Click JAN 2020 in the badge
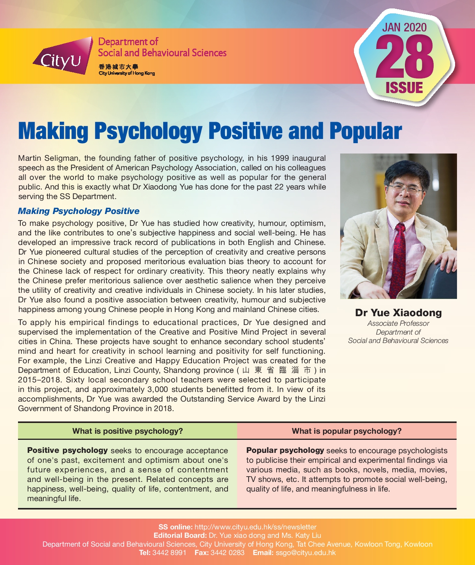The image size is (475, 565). [x=404, y=28]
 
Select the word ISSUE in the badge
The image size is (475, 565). [x=404, y=88]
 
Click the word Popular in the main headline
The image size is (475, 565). [x=365, y=131]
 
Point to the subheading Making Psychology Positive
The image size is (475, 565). [x=79, y=211]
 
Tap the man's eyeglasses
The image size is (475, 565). [x=405, y=188]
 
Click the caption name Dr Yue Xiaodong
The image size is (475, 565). [x=398, y=313]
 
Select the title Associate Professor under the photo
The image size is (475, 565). [x=398, y=323]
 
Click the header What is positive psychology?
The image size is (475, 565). [x=128, y=431]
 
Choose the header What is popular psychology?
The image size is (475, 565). [x=347, y=431]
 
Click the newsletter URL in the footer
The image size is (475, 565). [x=256, y=527]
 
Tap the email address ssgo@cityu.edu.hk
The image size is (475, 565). [x=305, y=553]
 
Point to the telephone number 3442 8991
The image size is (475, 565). [x=169, y=553]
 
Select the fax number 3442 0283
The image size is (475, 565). [x=228, y=553]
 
